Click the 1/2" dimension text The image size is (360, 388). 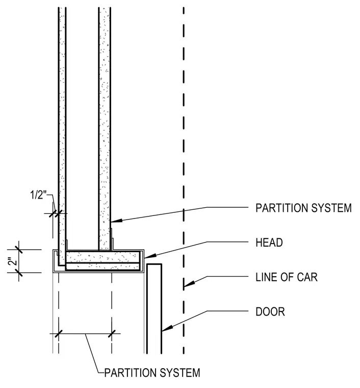pyautogui.click(x=38, y=195)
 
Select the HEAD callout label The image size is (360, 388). pyautogui.click(x=269, y=243)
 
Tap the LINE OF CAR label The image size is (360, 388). pyautogui.click(x=287, y=277)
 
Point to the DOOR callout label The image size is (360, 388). pyautogui.click(x=270, y=311)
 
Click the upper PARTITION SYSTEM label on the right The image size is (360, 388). pyautogui.click(x=303, y=208)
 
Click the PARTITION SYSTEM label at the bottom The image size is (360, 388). pyautogui.click(x=152, y=373)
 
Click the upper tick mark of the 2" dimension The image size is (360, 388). pyautogui.click(x=19, y=250)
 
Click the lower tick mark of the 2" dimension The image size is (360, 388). pyautogui.click(x=19, y=273)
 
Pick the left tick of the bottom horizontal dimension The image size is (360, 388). pyautogui.click(x=59, y=333)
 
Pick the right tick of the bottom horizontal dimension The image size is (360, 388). pyautogui.click(x=112, y=333)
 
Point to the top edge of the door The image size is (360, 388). pyautogui.click(x=154, y=264)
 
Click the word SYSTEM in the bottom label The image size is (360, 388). pyautogui.click(x=179, y=373)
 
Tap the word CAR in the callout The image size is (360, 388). pyautogui.click(x=307, y=277)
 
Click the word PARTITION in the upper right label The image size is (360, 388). pyautogui.click(x=281, y=208)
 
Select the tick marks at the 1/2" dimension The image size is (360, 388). pyautogui.click(x=55, y=213)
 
